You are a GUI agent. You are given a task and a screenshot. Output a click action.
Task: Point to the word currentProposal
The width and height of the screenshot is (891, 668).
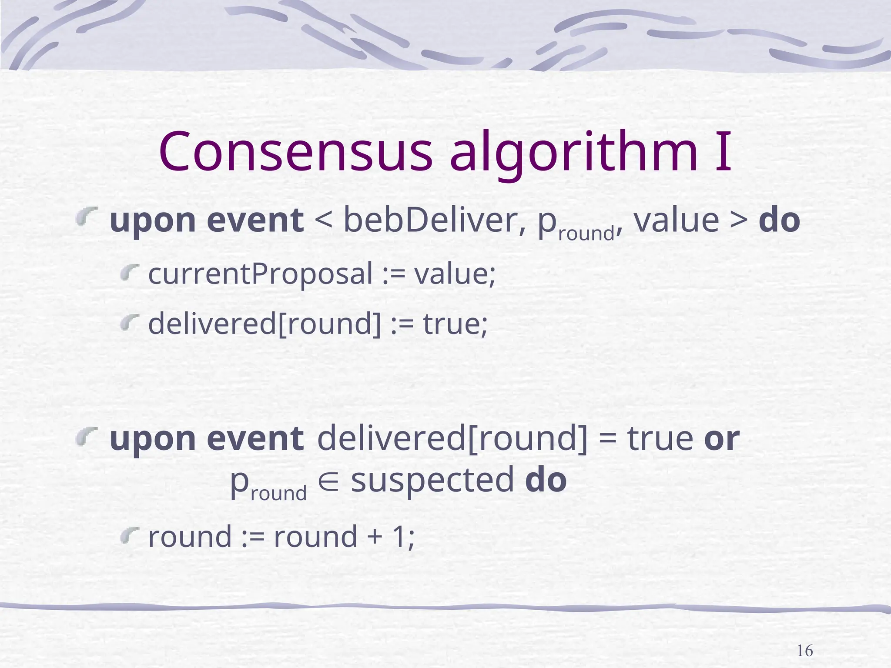click(261, 274)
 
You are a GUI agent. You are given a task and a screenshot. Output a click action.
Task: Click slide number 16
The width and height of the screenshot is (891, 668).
click(804, 651)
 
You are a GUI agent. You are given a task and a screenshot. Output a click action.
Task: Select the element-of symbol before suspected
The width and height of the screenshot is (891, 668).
click(329, 481)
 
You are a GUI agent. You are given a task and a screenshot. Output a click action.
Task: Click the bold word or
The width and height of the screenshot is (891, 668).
click(721, 439)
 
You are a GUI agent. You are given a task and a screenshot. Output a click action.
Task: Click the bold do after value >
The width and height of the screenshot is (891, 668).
click(779, 220)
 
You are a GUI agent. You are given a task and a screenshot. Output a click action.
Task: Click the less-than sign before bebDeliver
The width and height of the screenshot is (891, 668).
click(323, 220)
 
